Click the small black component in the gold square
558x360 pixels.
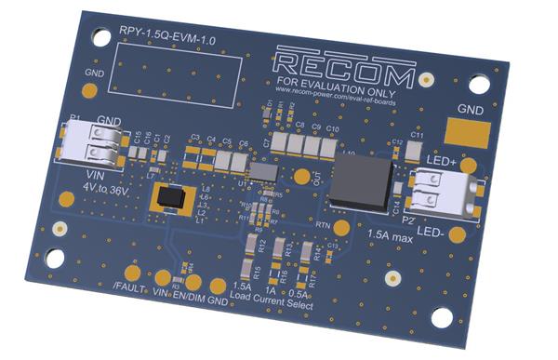(171, 196)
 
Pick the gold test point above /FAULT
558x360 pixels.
(133, 273)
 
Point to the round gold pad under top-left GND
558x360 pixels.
(90, 91)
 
